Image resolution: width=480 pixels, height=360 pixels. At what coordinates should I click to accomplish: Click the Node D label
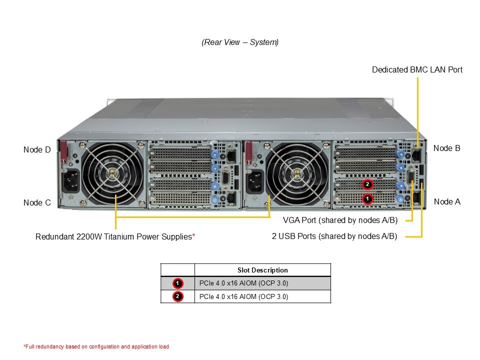click(37, 149)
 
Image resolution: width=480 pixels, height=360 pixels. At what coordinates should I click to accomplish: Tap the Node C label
click(37, 202)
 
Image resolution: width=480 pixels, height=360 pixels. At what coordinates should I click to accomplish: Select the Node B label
click(446, 148)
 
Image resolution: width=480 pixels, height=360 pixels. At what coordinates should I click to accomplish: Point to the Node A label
click(446, 201)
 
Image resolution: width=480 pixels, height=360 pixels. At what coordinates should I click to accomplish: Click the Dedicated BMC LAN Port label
click(417, 69)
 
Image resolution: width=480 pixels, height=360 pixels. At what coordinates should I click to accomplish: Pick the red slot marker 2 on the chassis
click(367, 184)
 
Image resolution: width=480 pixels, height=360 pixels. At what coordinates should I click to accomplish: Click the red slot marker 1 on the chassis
click(367, 198)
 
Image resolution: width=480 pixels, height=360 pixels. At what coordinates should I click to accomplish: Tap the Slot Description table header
click(262, 270)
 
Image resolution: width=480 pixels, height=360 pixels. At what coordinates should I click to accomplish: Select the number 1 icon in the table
click(177, 283)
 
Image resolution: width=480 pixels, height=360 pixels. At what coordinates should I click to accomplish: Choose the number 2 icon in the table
click(177, 296)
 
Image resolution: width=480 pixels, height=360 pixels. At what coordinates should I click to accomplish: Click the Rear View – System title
click(240, 42)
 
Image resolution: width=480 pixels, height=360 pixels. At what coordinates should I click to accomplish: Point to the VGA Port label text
click(340, 220)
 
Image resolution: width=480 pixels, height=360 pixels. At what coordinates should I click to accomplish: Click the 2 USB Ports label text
click(334, 236)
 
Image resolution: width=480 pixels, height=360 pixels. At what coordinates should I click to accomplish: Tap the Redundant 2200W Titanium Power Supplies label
click(113, 236)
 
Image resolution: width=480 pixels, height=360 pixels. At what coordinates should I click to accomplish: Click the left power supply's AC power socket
click(70, 181)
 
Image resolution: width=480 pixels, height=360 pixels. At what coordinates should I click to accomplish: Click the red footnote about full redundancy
click(96, 346)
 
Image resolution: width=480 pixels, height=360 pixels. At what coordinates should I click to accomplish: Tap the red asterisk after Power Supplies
click(193, 235)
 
